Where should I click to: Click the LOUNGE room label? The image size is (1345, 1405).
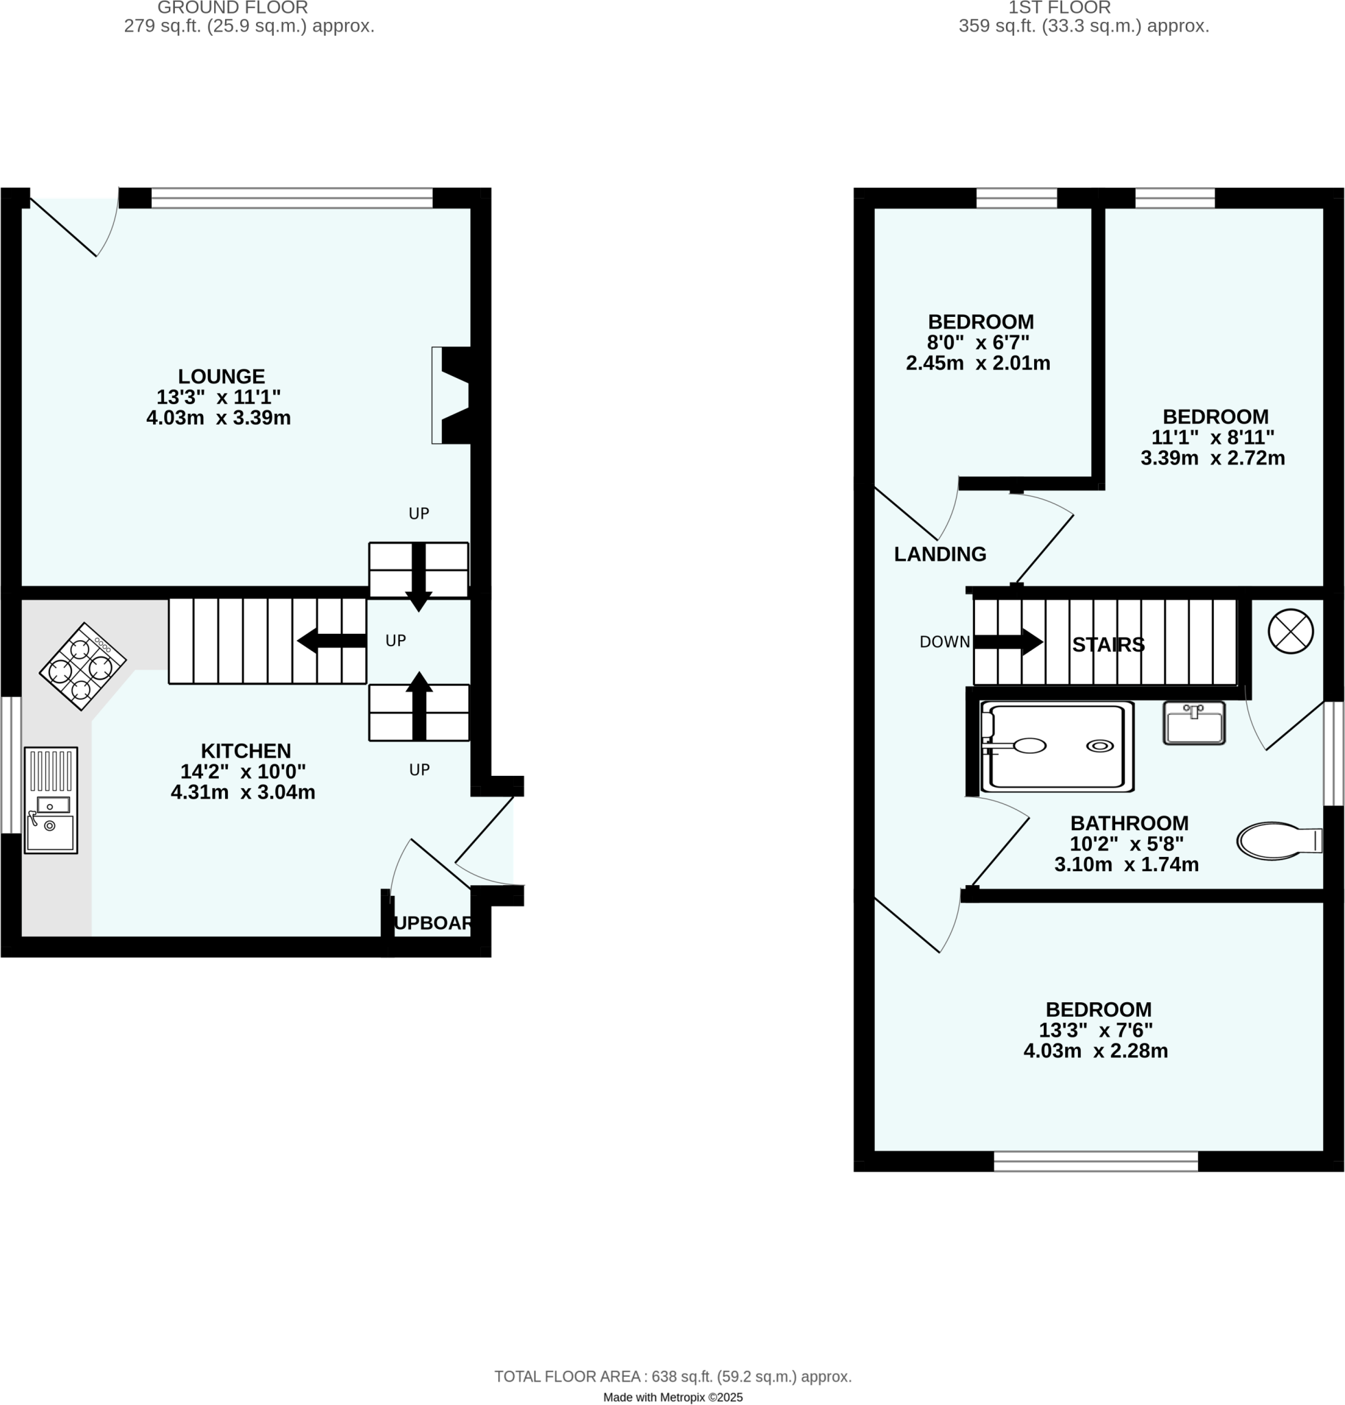point(221,377)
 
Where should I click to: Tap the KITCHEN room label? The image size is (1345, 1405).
point(245,751)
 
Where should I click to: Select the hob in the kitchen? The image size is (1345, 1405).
point(82,666)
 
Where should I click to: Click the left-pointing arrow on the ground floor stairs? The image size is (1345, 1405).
point(331,640)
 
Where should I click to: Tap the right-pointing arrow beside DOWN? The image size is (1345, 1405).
point(1007,641)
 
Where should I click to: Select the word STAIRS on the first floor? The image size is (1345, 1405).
point(1108,644)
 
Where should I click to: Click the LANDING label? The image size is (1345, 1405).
point(939,554)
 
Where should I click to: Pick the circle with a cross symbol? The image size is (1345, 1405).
point(1290,632)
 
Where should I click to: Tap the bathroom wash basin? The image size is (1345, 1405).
point(1193,723)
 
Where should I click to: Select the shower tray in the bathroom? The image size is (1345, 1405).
point(1057,746)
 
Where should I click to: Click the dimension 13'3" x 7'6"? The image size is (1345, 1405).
point(1095,1030)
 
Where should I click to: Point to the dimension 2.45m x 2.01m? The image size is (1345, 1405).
point(977,364)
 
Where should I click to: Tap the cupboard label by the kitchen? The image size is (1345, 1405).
point(433,923)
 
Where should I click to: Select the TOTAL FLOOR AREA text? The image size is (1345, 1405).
point(672,1376)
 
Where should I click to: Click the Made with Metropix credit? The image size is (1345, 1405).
point(672,1396)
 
